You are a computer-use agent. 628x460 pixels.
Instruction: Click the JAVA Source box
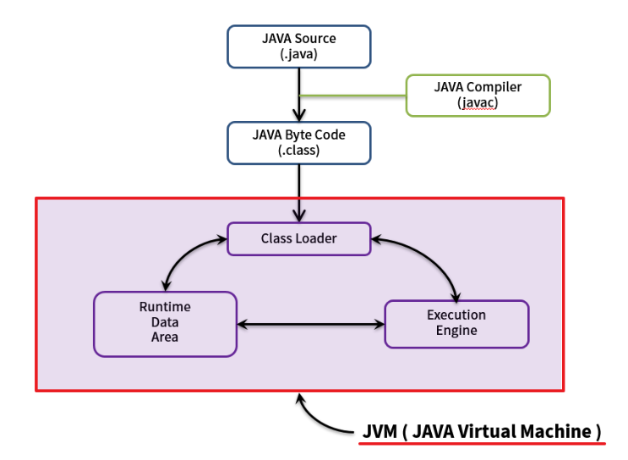point(298,47)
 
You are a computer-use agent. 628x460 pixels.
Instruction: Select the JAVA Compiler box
point(478,95)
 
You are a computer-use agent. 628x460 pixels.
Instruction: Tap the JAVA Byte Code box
point(298,142)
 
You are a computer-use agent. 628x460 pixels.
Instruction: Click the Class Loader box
point(298,238)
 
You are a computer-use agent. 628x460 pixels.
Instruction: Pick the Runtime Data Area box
point(165,323)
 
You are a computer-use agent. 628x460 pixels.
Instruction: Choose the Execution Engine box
point(456,323)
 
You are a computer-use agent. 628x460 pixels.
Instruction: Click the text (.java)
point(298,55)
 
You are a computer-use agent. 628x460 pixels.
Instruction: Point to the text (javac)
point(478,103)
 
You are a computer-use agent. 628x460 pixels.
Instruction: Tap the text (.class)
point(298,151)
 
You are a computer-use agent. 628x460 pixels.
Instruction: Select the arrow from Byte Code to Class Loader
point(298,190)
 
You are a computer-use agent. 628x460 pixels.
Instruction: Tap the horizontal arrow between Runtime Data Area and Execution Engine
point(310,324)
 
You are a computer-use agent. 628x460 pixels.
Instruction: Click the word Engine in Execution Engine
point(456,331)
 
